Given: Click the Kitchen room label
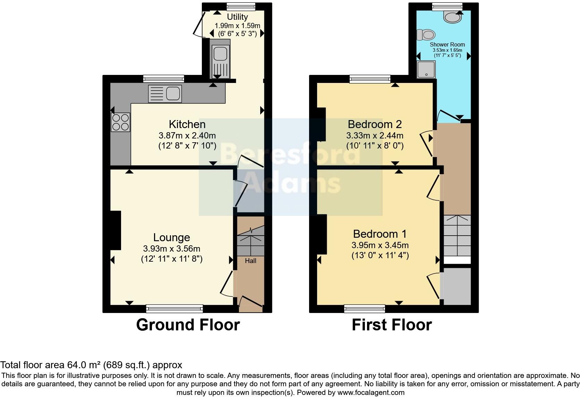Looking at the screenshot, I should pos(187,124).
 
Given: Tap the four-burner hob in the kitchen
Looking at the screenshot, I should pos(120,122).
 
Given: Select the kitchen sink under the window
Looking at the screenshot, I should pos(165,94).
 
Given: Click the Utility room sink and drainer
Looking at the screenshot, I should pos(220,58).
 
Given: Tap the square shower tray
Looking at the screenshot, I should pos(426,69).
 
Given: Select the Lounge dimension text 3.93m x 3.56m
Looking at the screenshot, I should pos(171,249).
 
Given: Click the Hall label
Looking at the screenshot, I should pos(250,261).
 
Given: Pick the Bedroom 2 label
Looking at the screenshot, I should pos(375,124).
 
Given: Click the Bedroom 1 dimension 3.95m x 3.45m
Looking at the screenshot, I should pos(380,245).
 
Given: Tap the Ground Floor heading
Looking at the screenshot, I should pos(188,325).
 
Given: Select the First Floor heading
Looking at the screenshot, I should pos(392,325).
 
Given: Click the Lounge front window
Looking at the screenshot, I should pos(174,308).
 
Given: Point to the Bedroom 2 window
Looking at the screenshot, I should pos(370,79).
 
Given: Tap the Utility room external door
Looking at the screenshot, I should pos(198,24).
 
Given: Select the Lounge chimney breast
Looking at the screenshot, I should pos(116,230).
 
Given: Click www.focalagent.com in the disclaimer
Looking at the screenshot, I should pos(371,393).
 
